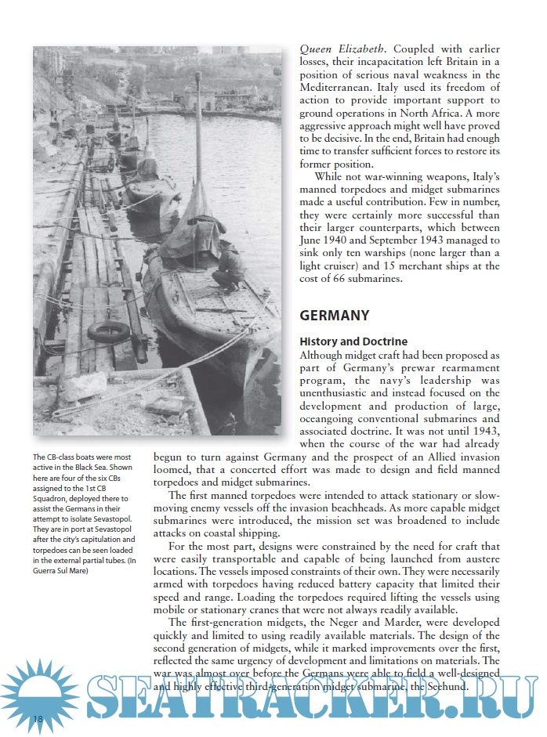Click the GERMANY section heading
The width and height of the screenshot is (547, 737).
coord(334,316)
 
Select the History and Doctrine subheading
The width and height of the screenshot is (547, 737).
coord(353,342)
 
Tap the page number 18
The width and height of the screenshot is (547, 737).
coord(38,719)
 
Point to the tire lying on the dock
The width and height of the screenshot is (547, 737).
coord(108,331)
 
